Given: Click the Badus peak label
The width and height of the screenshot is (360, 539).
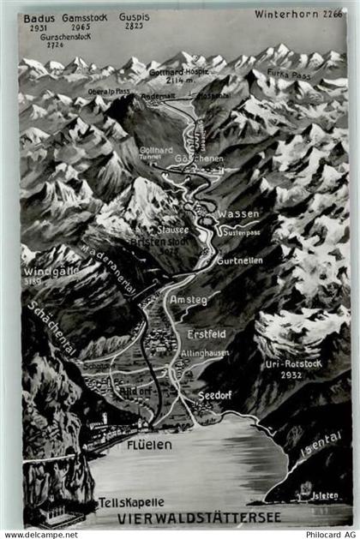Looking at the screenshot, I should click(39, 17).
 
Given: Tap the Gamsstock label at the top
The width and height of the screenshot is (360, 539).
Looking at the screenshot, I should click(84, 17).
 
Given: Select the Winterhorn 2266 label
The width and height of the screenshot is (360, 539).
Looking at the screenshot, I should click(292, 14).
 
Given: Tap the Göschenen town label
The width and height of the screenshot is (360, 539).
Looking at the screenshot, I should click(195, 159).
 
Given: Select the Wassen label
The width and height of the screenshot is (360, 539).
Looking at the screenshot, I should click(237, 213).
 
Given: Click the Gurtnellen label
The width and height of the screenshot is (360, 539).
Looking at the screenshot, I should click(239, 260).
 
